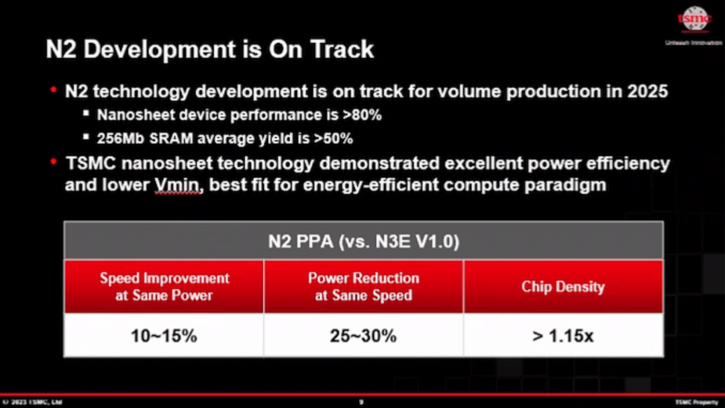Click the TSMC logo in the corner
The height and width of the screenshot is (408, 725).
[693, 19]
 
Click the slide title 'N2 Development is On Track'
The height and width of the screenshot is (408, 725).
[209, 50]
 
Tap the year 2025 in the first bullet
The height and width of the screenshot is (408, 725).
[647, 91]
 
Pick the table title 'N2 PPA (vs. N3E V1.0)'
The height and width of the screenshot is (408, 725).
[363, 241]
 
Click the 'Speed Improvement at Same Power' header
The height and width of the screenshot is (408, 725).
[164, 286]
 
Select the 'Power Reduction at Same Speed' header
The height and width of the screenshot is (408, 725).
[363, 286]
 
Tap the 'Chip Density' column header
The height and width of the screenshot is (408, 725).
[563, 287]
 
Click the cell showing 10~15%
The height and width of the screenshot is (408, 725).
[164, 335]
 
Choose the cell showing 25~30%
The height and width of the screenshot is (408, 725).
[363, 335]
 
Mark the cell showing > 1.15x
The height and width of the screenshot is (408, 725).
[563, 335]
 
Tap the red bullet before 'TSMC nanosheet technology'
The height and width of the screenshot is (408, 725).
[53, 162]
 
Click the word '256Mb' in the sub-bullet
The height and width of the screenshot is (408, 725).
[121, 138]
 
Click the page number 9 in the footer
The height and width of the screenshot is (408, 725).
[361, 402]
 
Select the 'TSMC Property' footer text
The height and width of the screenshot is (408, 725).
[696, 402]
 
